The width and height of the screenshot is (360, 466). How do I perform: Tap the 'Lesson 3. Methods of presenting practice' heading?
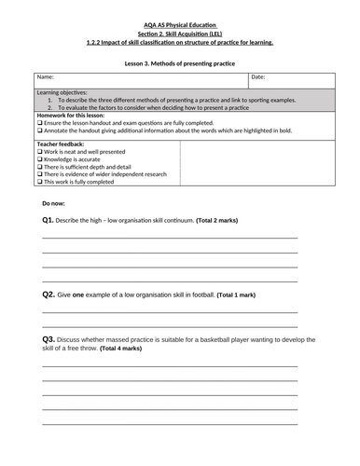(179, 62)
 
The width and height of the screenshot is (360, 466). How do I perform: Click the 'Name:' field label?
(46, 77)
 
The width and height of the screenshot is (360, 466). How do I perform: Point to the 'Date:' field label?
(258, 77)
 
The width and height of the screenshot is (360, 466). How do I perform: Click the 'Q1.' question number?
(48, 220)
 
